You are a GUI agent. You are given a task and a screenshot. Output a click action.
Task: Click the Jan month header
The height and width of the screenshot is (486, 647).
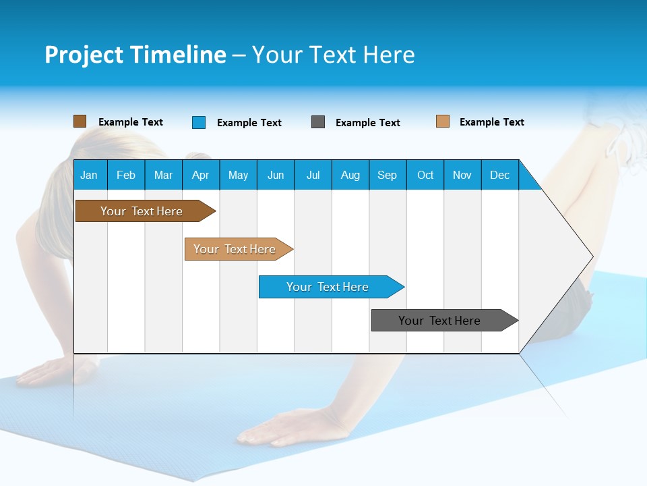click(90, 175)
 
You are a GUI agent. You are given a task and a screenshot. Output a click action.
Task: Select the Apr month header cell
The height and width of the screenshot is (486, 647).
click(201, 175)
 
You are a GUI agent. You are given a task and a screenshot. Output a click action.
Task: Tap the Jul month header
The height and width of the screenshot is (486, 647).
click(313, 175)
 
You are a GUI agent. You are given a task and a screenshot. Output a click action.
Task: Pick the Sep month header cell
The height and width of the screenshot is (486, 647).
click(388, 175)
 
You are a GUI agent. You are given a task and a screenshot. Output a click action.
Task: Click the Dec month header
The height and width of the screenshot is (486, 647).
click(499, 175)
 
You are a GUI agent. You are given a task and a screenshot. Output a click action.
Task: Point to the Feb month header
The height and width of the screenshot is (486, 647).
click(126, 175)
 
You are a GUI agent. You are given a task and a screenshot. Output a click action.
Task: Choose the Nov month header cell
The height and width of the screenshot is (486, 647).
click(462, 175)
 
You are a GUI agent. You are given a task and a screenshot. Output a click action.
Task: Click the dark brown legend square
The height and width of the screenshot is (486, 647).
click(80, 122)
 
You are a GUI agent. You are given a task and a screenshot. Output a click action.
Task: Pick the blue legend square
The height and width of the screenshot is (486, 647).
click(199, 122)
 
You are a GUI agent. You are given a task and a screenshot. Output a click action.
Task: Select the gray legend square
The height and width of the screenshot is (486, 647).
click(318, 122)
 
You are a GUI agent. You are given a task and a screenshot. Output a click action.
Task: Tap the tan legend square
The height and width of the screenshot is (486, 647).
click(443, 122)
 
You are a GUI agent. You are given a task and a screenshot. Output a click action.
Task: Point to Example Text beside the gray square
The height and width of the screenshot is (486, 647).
click(367, 123)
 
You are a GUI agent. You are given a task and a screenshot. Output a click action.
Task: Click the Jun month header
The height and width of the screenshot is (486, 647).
click(276, 175)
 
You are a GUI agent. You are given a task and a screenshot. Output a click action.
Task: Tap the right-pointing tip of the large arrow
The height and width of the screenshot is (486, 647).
click(590, 256)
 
